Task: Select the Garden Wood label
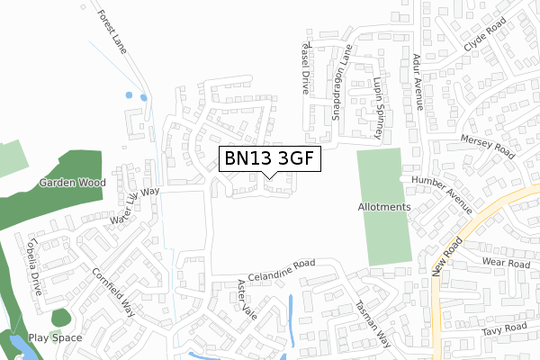pos(72,182)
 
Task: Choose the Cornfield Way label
pos(113,289)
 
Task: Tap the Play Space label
pos(55,338)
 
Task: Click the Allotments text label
pos(384,207)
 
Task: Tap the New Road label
pos(445,259)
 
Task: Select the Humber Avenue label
pos(443,193)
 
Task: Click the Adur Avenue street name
pos(418,80)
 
